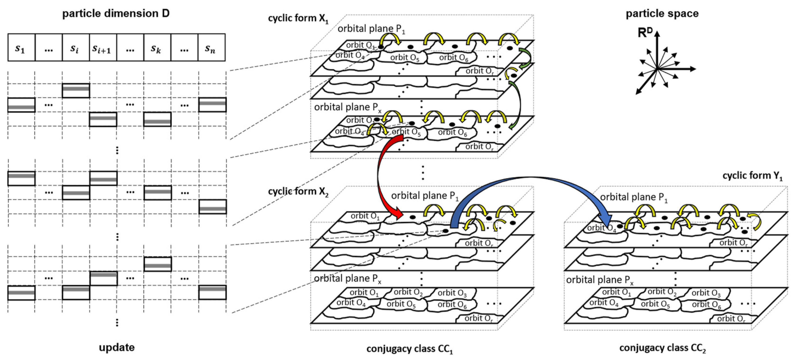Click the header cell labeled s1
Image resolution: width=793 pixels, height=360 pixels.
[x=21, y=48]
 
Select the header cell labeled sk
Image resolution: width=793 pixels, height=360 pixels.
[x=157, y=48]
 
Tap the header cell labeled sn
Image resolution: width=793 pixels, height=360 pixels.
[x=211, y=48]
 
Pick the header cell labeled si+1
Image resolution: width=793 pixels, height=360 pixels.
[x=103, y=48]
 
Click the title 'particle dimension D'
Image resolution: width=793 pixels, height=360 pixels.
[x=116, y=14]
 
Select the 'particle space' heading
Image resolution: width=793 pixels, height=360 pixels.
[x=662, y=14]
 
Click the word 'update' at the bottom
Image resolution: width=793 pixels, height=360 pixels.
[x=117, y=347]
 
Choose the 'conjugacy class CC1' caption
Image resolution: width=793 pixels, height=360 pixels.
[x=409, y=349]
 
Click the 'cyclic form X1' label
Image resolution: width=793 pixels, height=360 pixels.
[x=298, y=18]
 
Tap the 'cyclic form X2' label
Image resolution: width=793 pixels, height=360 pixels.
[x=298, y=192]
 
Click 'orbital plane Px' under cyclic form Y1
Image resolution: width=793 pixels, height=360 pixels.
[x=600, y=280]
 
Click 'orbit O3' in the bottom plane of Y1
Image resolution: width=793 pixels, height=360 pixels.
[x=706, y=293]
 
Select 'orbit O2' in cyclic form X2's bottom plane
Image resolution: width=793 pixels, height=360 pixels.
[x=408, y=292]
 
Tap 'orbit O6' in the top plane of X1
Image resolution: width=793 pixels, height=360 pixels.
[x=453, y=58]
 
